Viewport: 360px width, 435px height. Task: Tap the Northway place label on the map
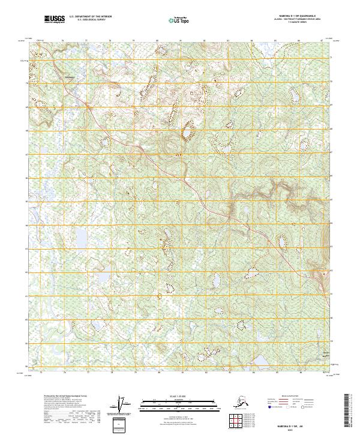pos(70,76)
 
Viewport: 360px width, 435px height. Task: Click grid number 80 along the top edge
pos(157,40)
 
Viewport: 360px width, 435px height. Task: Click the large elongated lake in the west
pos(81,238)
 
